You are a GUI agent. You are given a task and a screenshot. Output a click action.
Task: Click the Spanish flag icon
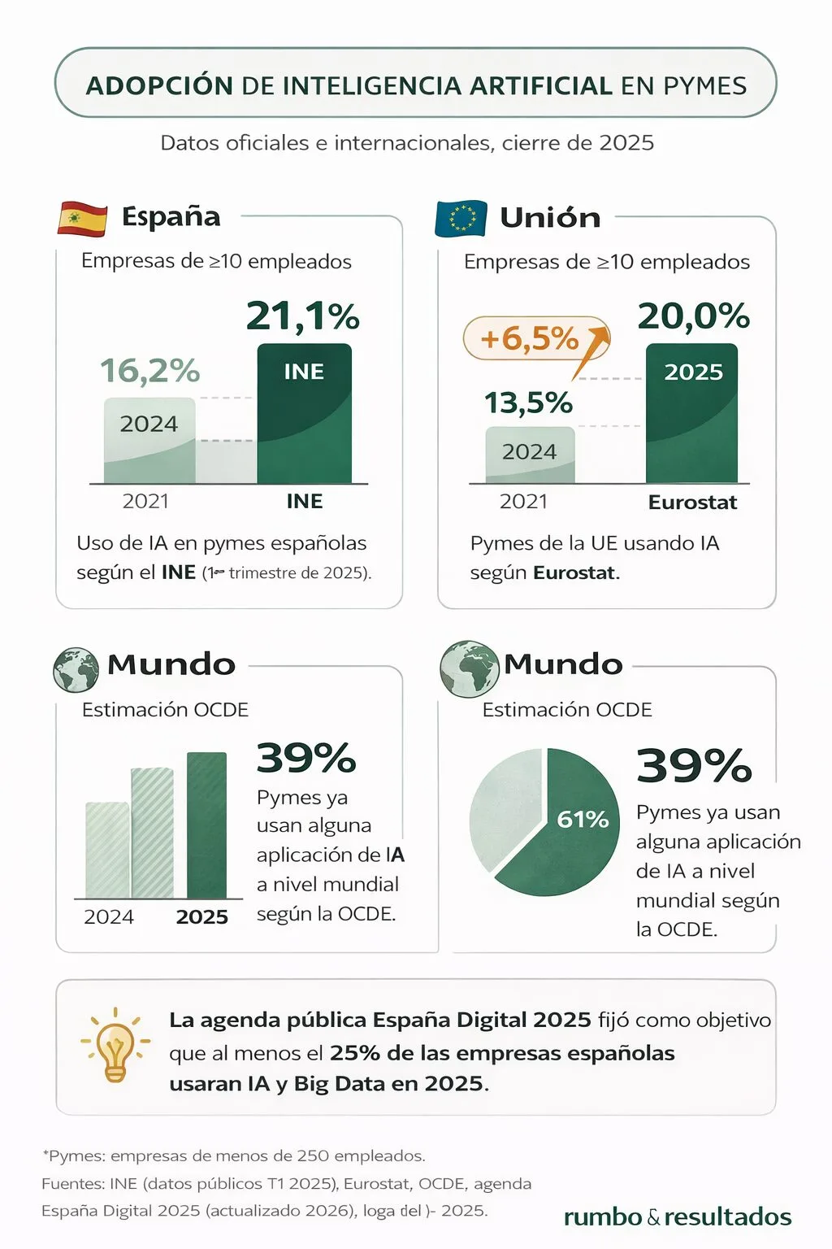(82, 218)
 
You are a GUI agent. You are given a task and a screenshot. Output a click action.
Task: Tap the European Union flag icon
(461, 219)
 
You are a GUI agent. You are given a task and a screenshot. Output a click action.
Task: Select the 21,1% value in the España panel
(302, 316)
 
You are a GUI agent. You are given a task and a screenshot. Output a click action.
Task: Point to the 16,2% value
(149, 371)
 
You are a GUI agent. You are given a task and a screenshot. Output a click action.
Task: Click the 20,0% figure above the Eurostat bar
(693, 316)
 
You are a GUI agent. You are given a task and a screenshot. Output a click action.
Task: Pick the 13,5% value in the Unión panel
(528, 403)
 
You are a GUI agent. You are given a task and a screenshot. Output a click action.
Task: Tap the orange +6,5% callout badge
(530, 338)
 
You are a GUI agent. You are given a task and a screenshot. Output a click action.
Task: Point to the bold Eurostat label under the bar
(692, 503)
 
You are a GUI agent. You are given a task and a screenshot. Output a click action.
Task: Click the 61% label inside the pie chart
(583, 819)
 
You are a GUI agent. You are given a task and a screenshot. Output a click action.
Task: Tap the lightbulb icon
(115, 1046)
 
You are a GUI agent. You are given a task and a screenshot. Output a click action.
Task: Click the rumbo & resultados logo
(677, 1216)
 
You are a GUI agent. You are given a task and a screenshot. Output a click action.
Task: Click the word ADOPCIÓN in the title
(159, 85)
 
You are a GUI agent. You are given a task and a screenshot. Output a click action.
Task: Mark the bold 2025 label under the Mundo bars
(201, 917)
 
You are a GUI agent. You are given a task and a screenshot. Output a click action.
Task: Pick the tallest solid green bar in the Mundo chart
(206, 825)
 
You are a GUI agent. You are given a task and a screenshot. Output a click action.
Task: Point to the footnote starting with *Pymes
(234, 1155)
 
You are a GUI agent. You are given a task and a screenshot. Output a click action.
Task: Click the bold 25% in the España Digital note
(355, 1053)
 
